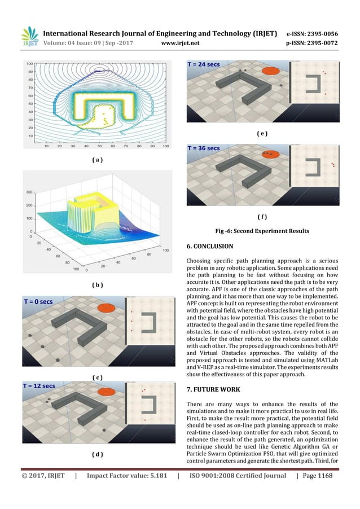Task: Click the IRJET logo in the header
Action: pyautogui.click(x=29, y=36)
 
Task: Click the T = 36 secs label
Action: pyautogui.click(x=204, y=148)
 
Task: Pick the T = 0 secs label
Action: pyautogui.click(x=38, y=302)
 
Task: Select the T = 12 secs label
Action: pyautogui.click(x=39, y=386)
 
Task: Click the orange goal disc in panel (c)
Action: pyautogui.click(x=106, y=308)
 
